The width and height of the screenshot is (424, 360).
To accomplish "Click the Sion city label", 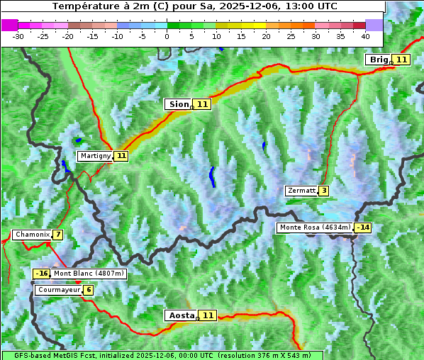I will tap(178, 104).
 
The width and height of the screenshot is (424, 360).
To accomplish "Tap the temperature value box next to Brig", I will tap(401, 60).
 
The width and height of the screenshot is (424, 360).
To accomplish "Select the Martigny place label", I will tap(95, 156).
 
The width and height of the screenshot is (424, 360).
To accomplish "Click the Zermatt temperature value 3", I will tap(324, 191).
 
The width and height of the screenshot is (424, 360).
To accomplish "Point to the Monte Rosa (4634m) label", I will tap(315, 227).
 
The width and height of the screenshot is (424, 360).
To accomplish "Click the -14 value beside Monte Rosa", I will tap(363, 227).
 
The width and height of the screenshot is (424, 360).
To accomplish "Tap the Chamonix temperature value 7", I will tap(57, 235).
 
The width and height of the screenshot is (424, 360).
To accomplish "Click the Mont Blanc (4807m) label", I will tap(89, 274).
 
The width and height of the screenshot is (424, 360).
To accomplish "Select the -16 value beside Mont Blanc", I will tap(42, 274).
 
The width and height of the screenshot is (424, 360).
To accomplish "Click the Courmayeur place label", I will tap(58, 290).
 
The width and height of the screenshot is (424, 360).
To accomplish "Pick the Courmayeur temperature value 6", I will tap(88, 290).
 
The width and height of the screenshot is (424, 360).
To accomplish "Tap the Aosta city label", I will tap(180, 315).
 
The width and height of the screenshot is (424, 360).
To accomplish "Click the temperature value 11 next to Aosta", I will tap(207, 315).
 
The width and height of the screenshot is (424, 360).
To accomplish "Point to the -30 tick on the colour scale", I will tap(18, 35).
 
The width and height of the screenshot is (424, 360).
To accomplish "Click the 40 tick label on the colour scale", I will tap(365, 35).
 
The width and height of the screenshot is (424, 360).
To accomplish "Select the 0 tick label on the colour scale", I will tap(167, 35).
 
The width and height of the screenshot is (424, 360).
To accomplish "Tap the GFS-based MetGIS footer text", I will tap(162, 355).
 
